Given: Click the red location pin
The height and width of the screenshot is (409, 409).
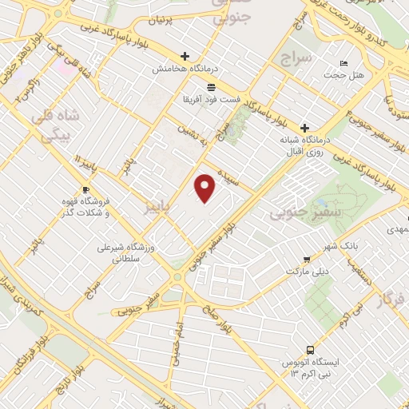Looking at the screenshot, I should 206,188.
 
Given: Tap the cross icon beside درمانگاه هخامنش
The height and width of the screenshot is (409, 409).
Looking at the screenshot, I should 185,56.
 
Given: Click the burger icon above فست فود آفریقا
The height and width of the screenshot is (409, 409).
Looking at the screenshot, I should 211,86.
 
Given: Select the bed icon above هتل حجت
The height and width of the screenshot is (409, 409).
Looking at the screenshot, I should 343,63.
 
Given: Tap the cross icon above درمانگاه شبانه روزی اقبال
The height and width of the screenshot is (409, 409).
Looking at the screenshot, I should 304,128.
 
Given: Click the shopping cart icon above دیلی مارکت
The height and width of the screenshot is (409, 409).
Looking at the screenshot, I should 307,259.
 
